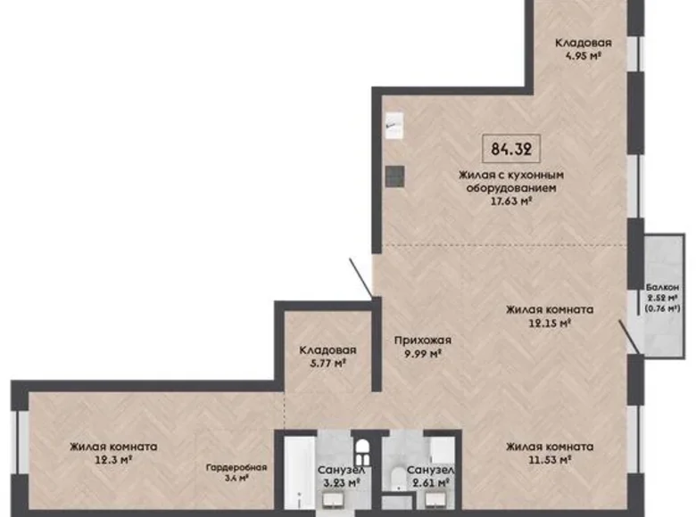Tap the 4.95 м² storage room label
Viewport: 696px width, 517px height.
pyautogui.click(x=583, y=54)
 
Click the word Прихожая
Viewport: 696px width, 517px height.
pyautogui.click(x=423, y=340)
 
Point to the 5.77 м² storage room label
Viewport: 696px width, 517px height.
pyautogui.click(x=327, y=363)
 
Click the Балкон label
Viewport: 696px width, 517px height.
pyautogui.click(x=663, y=286)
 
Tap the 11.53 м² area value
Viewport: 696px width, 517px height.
pyautogui.click(x=548, y=460)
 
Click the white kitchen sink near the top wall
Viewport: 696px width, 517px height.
pyautogui.click(x=394, y=125)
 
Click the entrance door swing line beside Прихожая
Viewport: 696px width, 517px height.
pyautogui.click(x=360, y=277)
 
